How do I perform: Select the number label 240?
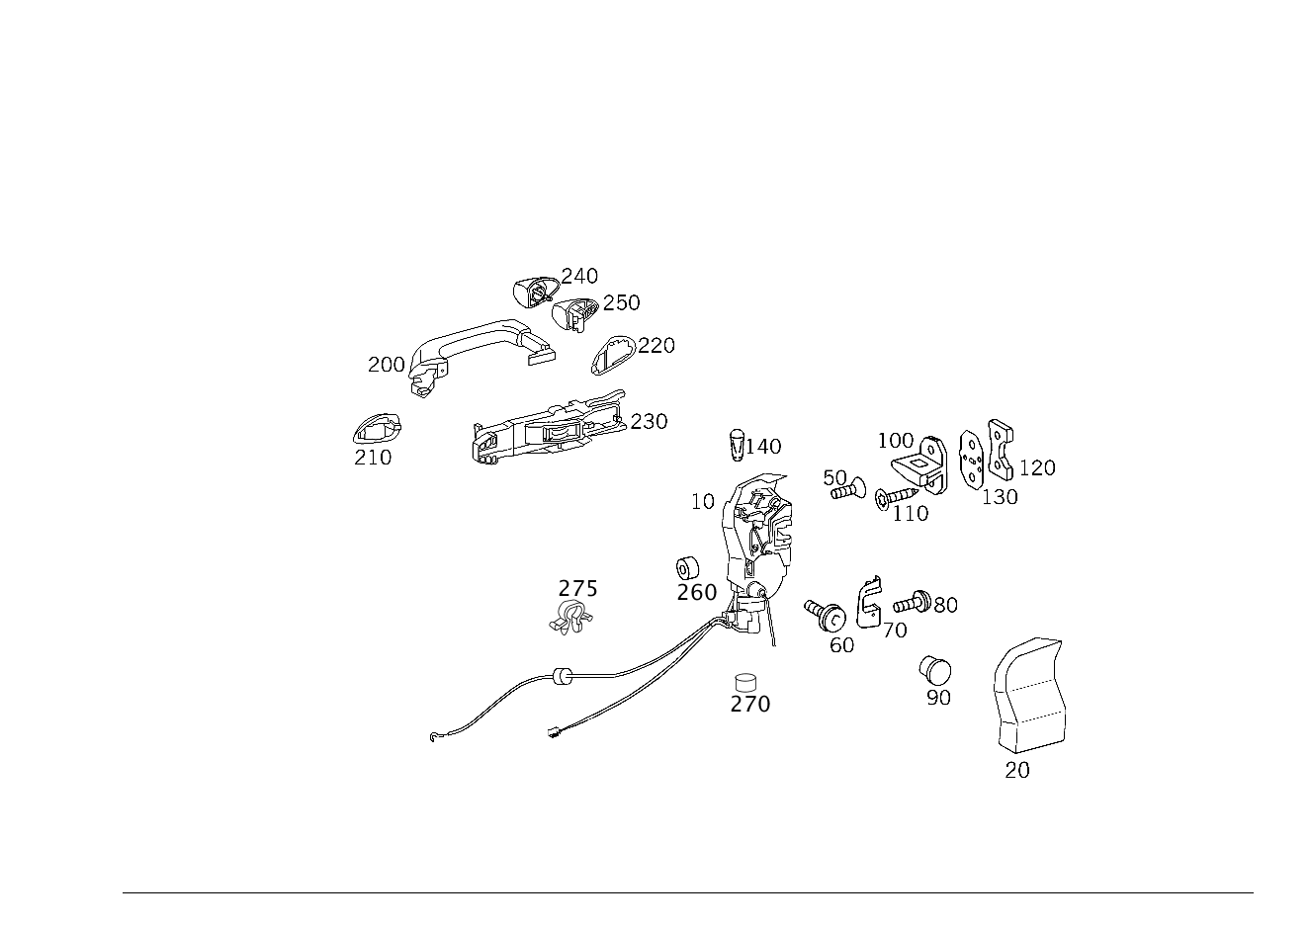[579, 276]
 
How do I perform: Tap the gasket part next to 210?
[378, 429]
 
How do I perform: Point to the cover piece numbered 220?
[613, 355]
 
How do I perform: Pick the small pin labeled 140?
[738, 445]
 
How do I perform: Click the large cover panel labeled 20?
[1030, 695]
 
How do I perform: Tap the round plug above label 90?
[934, 670]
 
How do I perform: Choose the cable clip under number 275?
[570, 617]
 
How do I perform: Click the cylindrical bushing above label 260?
[688, 568]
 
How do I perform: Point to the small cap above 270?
[745, 682]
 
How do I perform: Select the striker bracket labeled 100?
[920, 464]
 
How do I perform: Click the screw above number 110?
[896, 498]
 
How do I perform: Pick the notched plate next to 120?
[1001, 450]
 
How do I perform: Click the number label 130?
[1000, 497]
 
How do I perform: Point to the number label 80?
[946, 605]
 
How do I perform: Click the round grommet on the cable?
[562, 676]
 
